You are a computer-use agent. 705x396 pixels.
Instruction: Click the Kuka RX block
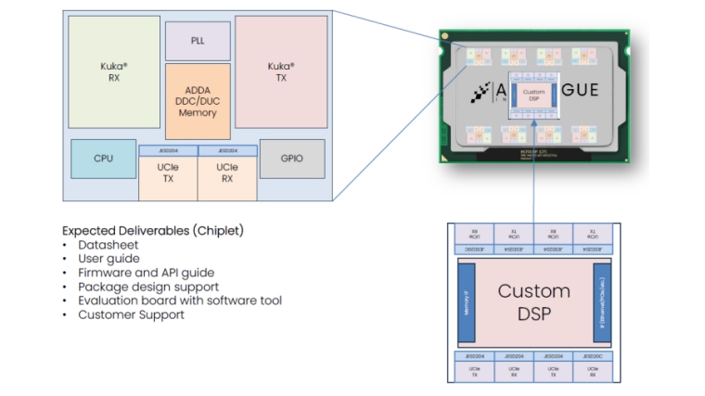pyautogui.click(x=113, y=71)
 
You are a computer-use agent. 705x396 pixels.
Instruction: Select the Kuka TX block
pyautogui.click(x=280, y=71)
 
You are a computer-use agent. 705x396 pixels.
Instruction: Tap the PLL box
pyautogui.click(x=198, y=41)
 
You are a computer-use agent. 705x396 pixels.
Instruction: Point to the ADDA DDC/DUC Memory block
pyautogui.click(x=197, y=100)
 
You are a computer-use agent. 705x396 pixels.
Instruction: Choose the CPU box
pyautogui.click(x=103, y=159)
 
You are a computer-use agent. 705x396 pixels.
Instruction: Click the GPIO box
pyautogui.click(x=291, y=159)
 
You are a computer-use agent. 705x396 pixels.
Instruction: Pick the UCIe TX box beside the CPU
pyautogui.click(x=168, y=172)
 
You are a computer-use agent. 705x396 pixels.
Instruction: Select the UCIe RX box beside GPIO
pyautogui.click(x=227, y=172)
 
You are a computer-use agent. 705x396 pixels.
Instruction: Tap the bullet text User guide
pyautogui.click(x=109, y=259)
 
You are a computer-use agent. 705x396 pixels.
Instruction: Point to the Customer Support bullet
pyautogui.click(x=131, y=314)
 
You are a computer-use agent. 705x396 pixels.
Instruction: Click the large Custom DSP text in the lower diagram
pyautogui.click(x=533, y=302)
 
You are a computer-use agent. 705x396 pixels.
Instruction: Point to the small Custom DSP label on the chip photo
pyautogui.click(x=533, y=96)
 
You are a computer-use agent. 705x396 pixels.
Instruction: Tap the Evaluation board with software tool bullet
pyautogui.click(x=179, y=300)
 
